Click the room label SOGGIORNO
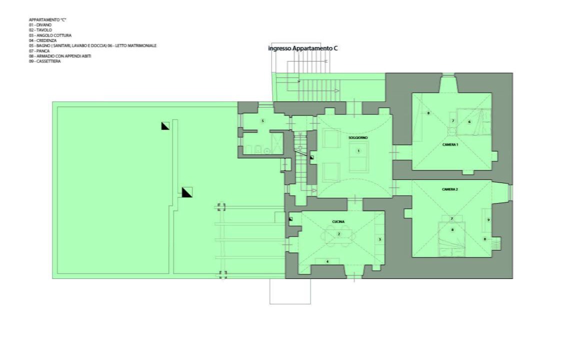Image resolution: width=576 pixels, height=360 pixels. (x=358, y=138)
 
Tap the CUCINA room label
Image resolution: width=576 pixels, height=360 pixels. (x=338, y=222)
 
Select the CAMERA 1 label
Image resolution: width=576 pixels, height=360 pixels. (x=450, y=144)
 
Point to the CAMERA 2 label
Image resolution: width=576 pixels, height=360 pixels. (x=449, y=189)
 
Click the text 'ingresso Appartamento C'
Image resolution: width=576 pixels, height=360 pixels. (x=303, y=48)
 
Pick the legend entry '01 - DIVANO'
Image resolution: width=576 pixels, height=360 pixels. (x=40, y=25)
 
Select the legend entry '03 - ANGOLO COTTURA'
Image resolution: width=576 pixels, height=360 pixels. (x=50, y=35)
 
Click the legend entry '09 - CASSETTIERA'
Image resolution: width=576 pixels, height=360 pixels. (x=45, y=61)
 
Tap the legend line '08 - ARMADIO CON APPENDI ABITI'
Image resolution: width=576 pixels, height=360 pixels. (x=60, y=56)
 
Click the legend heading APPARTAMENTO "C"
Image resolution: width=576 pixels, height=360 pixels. (x=48, y=20)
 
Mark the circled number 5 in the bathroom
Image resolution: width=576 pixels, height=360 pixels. (x=262, y=121)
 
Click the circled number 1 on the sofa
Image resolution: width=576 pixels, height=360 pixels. (x=358, y=150)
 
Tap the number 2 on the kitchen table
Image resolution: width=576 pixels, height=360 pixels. (x=338, y=234)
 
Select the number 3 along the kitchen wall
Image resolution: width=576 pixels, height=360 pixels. (x=380, y=239)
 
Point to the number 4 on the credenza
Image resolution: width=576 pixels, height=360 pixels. (x=327, y=261)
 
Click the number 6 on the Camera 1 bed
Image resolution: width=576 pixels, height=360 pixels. (x=469, y=122)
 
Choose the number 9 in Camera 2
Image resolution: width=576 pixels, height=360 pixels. (x=488, y=220)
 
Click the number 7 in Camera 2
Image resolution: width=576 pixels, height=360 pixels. (x=452, y=219)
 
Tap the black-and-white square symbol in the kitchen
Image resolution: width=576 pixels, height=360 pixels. (x=290, y=219)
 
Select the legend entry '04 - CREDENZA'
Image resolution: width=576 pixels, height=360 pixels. (x=43, y=41)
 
